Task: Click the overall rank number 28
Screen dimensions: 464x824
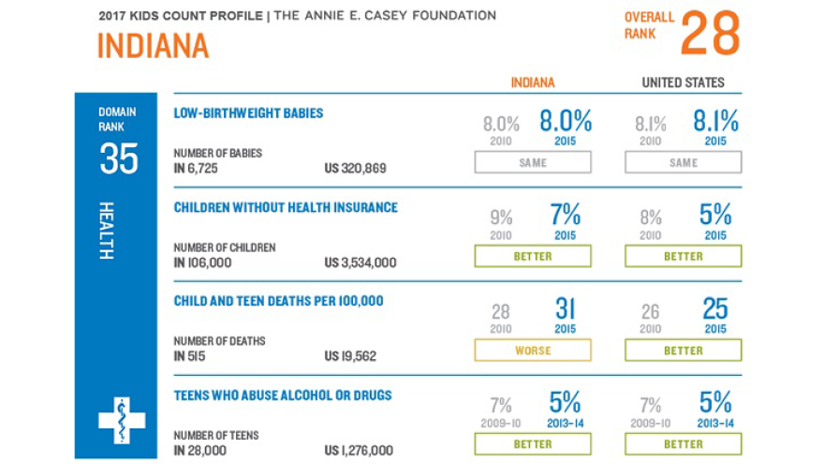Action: (710, 34)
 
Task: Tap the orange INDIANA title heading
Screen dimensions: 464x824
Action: (153, 46)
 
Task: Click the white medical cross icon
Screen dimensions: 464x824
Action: (122, 420)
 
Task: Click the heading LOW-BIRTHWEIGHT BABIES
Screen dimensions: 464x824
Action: (248, 113)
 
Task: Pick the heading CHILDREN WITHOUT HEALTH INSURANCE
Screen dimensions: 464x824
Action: (286, 207)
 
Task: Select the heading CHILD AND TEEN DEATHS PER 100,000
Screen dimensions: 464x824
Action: (278, 302)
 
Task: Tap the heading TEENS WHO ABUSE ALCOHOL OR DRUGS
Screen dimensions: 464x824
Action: (283, 396)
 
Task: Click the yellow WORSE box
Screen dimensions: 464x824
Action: (533, 351)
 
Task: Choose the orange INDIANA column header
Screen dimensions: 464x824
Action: (533, 82)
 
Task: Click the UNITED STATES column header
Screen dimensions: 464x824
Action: (683, 82)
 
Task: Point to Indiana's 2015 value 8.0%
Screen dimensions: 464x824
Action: (565, 122)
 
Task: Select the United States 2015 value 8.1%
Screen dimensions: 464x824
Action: (715, 122)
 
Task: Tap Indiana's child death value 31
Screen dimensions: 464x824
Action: (565, 310)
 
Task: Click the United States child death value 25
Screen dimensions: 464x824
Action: (715, 310)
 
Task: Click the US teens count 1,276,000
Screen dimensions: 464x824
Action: (360, 450)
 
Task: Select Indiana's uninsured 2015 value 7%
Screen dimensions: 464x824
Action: (565, 216)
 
